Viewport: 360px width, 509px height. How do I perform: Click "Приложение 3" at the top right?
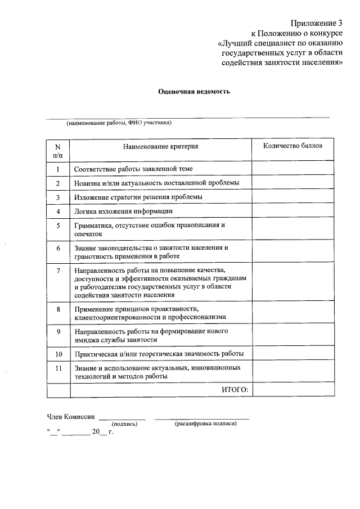[x=316, y=23]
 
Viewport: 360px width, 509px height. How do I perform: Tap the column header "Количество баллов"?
[x=293, y=146]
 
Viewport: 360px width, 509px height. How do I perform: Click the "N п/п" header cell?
[x=58, y=150]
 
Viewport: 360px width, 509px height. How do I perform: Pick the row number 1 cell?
[x=58, y=169]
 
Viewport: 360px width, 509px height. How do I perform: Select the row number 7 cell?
[x=58, y=271]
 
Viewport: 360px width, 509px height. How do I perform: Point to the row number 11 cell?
[x=58, y=368]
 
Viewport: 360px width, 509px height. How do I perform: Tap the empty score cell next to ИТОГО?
[x=293, y=390]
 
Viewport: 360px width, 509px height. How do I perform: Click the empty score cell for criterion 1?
[x=293, y=169]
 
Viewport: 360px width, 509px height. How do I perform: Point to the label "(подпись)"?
[x=124, y=424]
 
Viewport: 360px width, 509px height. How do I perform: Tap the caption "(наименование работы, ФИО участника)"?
[x=119, y=123]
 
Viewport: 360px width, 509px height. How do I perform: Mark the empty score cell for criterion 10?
[x=293, y=354]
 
